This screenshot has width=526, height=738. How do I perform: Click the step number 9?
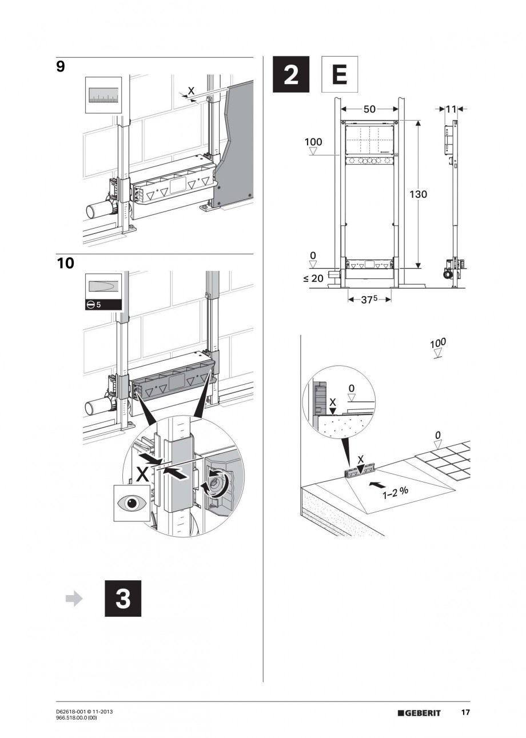click(x=61, y=67)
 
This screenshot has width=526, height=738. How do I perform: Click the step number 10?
click(x=66, y=264)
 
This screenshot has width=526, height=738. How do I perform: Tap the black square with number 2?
click(x=291, y=74)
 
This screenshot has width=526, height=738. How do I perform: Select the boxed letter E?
click(x=339, y=74)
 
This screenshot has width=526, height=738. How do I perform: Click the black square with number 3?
click(x=122, y=599)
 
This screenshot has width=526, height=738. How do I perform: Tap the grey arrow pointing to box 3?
click(x=74, y=599)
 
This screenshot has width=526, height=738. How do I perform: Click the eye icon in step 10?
click(x=131, y=504)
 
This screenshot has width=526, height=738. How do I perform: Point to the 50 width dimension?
click(x=369, y=109)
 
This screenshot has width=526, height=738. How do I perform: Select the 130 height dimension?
click(x=418, y=194)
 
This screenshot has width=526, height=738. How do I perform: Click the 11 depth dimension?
click(x=451, y=109)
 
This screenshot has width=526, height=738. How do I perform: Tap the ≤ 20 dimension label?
click(x=313, y=278)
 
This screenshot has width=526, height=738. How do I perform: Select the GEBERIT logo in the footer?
click(x=420, y=713)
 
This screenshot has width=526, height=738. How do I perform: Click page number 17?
click(x=465, y=712)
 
